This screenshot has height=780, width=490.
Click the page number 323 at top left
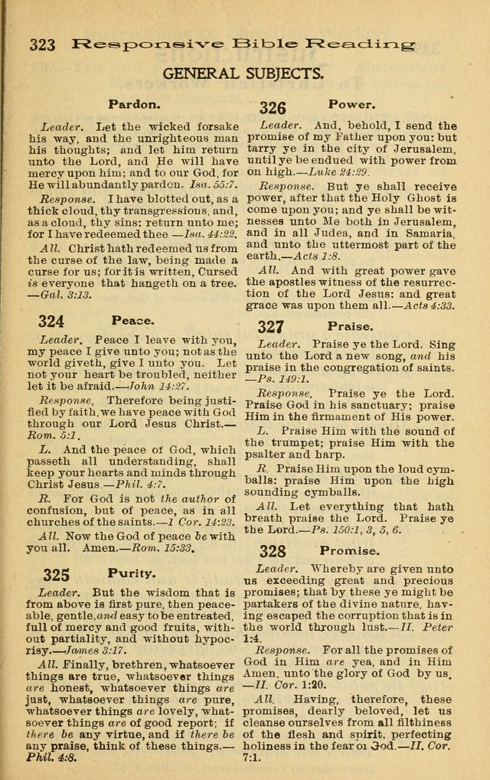tap(42, 44)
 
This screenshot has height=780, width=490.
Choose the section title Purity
tap(132, 573)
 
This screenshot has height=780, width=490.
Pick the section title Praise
tap(351, 325)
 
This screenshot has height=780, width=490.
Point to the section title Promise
tap(349, 550)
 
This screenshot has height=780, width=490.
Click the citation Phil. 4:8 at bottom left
tap(58, 762)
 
